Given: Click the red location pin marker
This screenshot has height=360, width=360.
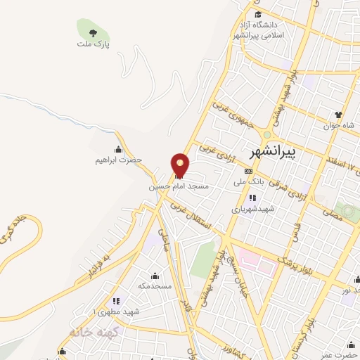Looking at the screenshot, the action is (180, 165).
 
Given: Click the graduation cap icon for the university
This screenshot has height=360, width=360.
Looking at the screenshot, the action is (258, 15).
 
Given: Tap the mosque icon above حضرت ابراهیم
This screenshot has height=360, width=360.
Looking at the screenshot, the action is (117, 149).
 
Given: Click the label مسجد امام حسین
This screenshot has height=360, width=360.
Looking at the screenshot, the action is (179, 188).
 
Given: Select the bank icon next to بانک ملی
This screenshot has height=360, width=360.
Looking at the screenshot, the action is (248, 171).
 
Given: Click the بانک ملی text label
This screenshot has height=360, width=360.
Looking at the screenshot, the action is (251, 181).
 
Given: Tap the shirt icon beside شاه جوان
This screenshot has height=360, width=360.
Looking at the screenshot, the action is (338, 115).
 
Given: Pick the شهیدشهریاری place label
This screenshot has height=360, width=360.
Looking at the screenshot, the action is (252, 209).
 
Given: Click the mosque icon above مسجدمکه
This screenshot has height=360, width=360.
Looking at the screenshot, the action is (155, 275).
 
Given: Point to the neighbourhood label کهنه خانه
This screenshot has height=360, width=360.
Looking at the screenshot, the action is (91, 330).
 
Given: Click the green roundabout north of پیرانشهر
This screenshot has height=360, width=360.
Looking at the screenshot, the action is (266, 134).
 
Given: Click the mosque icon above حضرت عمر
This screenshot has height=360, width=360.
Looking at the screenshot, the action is (349, 344).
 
